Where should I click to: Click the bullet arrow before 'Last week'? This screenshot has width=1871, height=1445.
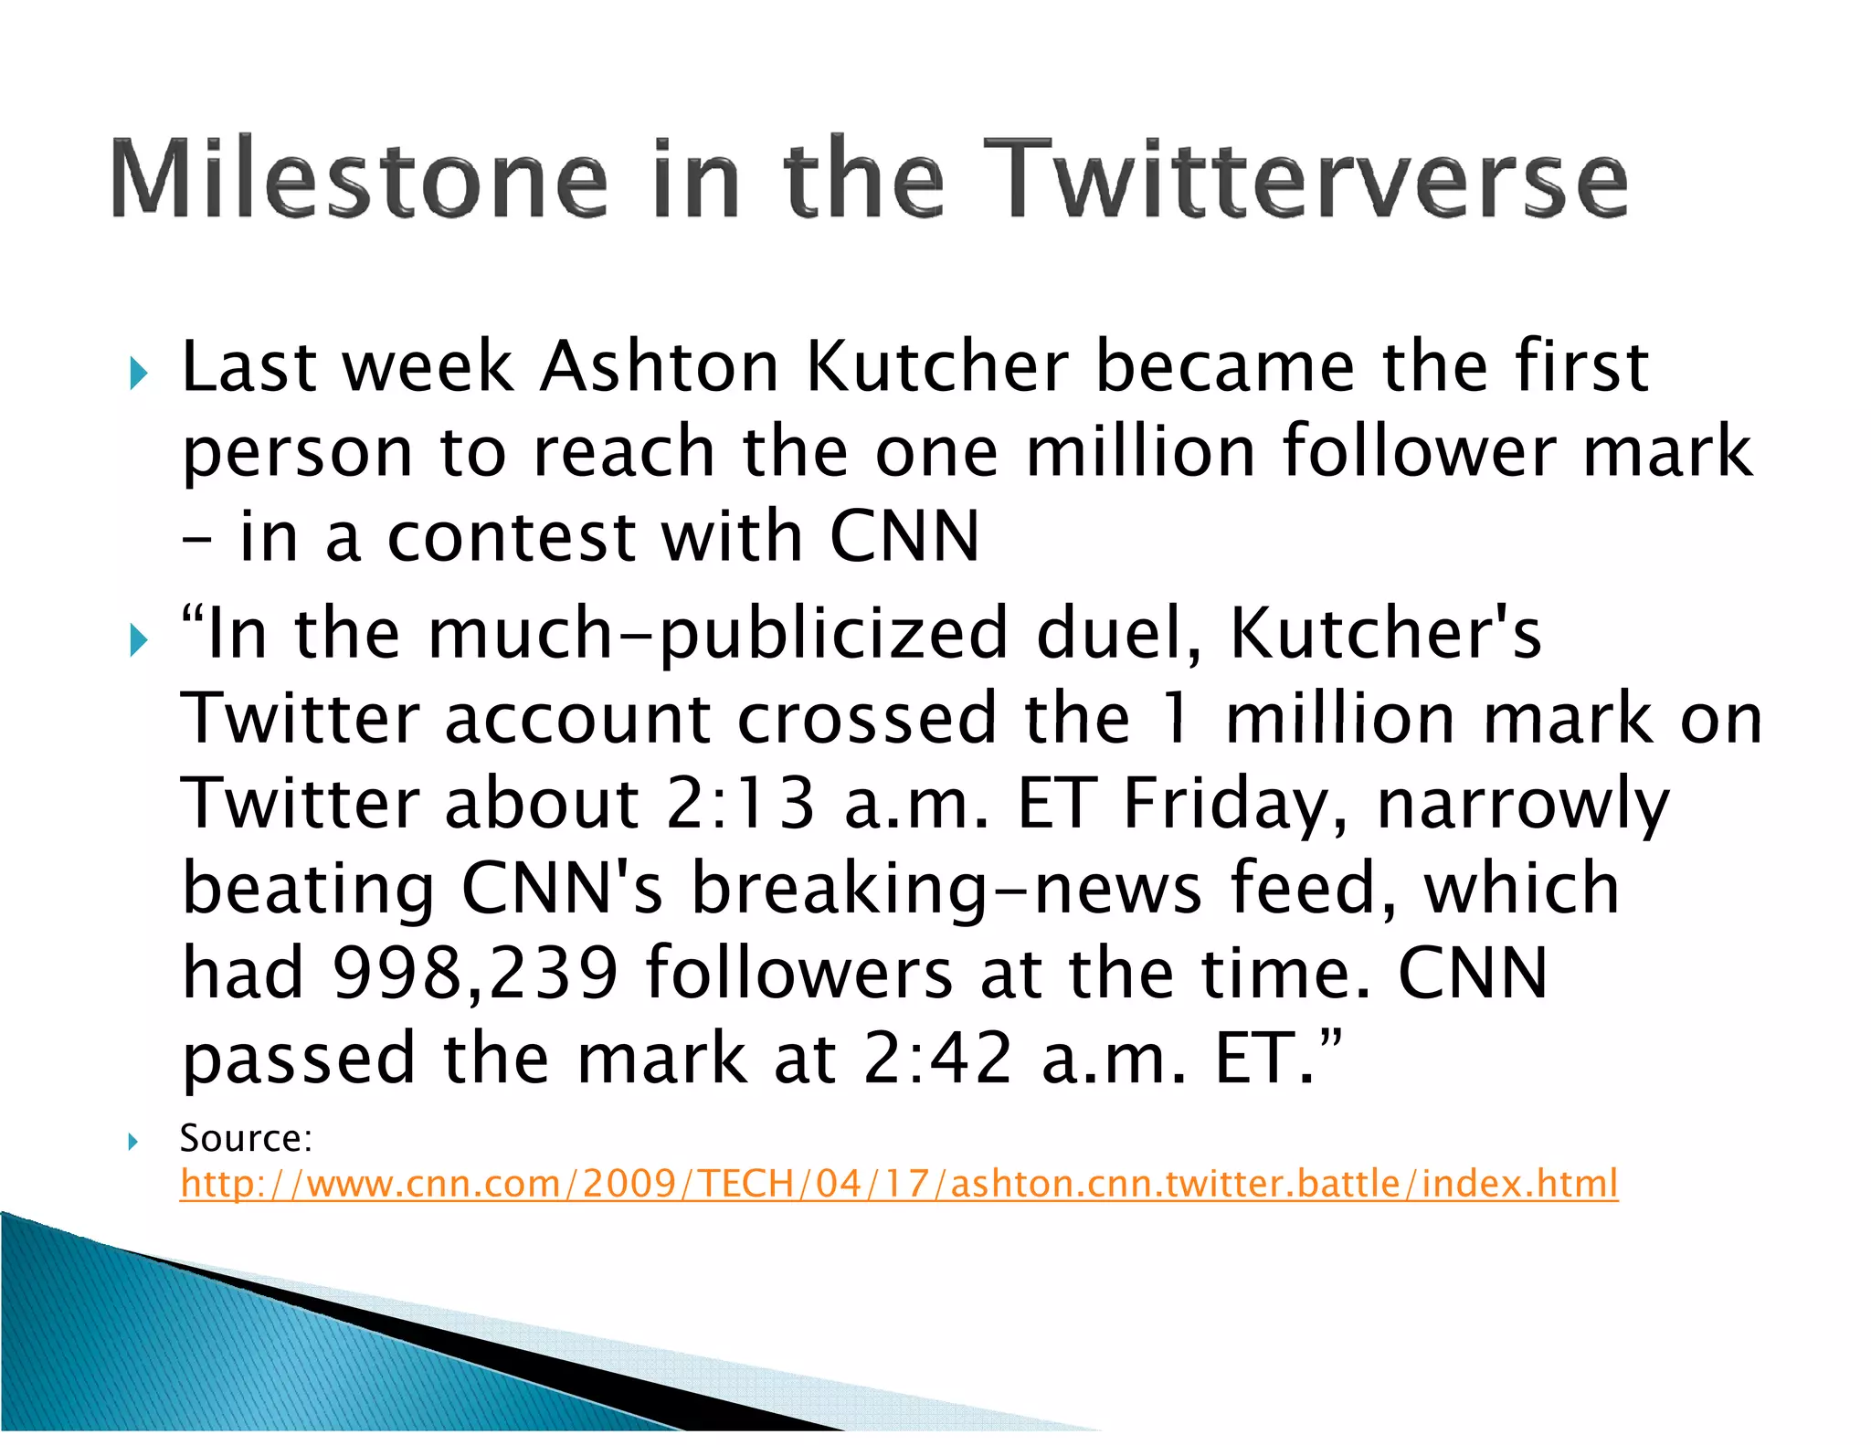138,373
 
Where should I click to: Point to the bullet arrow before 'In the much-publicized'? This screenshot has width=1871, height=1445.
138,639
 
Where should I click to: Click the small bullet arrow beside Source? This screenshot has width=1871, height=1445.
133,1141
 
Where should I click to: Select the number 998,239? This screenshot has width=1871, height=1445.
475,974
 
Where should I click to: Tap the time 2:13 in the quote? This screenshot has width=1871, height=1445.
740,804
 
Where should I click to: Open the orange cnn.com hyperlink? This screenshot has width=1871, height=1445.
899,1184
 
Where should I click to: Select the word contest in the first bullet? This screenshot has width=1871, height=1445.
512,537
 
